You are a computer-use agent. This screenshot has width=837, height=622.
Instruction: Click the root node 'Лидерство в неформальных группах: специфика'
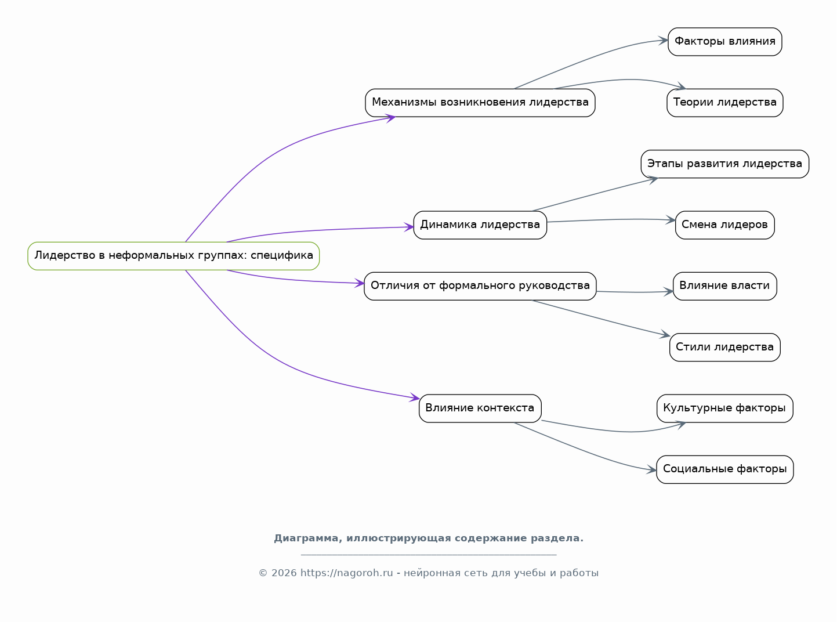coord(173,256)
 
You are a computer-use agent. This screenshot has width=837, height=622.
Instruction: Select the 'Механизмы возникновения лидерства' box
coord(480,103)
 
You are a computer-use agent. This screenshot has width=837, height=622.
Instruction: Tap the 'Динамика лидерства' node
coord(480,225)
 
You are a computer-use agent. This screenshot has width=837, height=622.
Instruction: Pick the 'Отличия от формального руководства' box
coord(480,286)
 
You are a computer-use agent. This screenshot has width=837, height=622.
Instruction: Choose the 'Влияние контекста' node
coord(480,408)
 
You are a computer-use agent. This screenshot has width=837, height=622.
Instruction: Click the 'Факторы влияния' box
coord(724,42)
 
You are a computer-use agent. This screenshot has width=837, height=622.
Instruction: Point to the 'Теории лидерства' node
coord(724,103)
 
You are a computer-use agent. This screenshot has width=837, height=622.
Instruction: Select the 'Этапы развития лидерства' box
coord(724,164)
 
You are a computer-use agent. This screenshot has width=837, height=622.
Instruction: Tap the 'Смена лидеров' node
coord(724,225)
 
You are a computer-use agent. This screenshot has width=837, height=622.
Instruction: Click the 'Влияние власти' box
coord(724,286)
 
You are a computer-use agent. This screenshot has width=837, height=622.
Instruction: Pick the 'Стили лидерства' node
coord(724,347)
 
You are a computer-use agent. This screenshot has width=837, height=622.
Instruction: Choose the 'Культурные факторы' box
coord(724,408)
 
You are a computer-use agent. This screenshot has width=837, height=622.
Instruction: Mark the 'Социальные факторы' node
coord(724,469)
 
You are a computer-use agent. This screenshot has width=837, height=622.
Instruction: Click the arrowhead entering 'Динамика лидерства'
coord(410,227)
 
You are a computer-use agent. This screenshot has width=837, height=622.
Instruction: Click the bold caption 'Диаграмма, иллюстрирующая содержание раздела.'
coord(429,538)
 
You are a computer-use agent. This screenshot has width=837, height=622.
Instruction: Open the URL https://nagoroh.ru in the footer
coord(346,573)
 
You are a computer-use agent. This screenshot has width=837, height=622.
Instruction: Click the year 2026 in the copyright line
coord(284,573)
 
